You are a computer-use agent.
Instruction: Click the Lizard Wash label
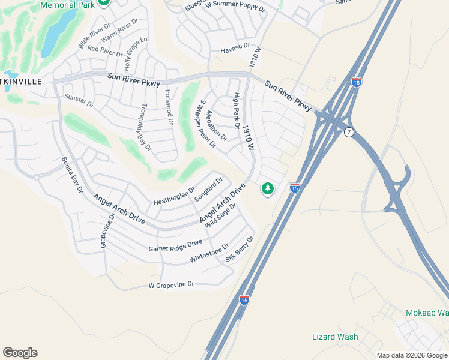[335, 337]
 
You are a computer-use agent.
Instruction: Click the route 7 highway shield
[349, 131]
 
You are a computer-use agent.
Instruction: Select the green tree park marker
[267, 189]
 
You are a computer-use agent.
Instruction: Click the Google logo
[20, 353]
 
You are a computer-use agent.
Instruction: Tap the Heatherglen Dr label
[174, 196]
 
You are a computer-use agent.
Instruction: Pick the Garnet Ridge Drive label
[175, 245]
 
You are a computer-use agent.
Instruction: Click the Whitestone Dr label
[209, 253]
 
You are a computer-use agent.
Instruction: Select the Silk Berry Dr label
[240, 249]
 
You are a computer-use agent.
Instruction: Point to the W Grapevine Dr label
[172, 284]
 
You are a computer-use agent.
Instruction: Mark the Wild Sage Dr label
[221, 215]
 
